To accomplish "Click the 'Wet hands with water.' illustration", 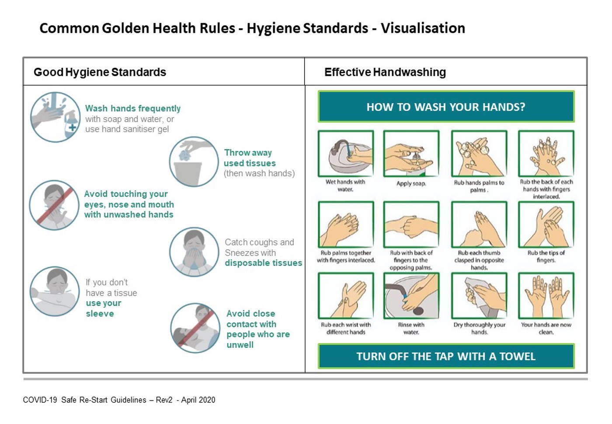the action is tap(346, 154).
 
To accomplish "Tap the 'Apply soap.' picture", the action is tap(411, 154).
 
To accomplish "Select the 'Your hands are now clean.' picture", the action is tap(546, 296).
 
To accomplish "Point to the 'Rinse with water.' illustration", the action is tap(411, 296).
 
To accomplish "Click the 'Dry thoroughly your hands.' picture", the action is tap(479, 296).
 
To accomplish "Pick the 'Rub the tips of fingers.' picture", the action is tap(546, 224).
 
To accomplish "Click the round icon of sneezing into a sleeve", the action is tap(55, 291).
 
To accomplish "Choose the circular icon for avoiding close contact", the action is tap(195, 328).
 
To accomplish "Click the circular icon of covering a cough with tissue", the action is tap(194, 252).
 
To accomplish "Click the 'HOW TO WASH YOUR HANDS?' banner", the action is tap(446, 106).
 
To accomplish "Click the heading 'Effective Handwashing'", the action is tap(385, 72).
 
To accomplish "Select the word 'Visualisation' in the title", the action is tap(423, 28).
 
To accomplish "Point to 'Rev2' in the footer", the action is tap(164, 400).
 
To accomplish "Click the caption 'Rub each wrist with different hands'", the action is tap(346, 328).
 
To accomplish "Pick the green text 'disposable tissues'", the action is tap(263, 263).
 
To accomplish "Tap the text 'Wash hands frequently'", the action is tap(133, 109).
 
